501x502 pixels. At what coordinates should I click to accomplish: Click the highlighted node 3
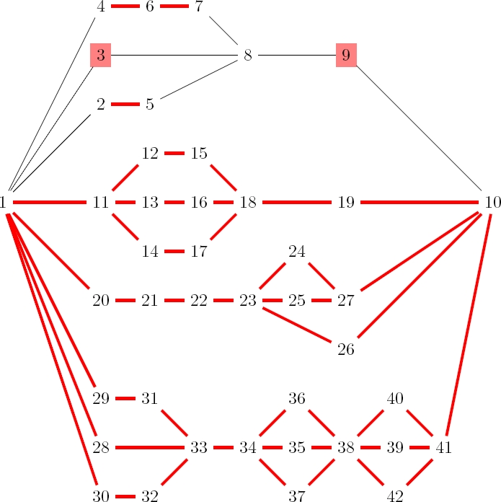pos(101,55)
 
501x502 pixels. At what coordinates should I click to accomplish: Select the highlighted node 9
pos(346,55)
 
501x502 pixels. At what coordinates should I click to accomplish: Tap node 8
pos(248,55)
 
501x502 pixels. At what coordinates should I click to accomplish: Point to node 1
pos(4,203)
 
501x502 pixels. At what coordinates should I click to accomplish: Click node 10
pos(493,203)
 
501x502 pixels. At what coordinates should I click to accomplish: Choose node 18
pos(248,203)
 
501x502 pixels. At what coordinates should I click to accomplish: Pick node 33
pos(199,448)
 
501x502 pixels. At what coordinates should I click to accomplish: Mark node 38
pos(346,448)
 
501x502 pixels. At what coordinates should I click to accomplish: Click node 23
pos(248,301)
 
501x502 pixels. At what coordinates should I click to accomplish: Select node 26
pos(346,350)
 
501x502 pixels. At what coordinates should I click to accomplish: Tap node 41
pos(444,448)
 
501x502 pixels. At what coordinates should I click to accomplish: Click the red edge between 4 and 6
pos(125,6)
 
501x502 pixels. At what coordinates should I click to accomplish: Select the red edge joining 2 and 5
pos(125,104)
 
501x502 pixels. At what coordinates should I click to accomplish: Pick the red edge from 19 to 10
pos(420,203)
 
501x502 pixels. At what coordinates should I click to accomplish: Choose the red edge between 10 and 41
pos(469,325)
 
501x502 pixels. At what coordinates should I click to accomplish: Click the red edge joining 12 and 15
pos(174,154)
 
